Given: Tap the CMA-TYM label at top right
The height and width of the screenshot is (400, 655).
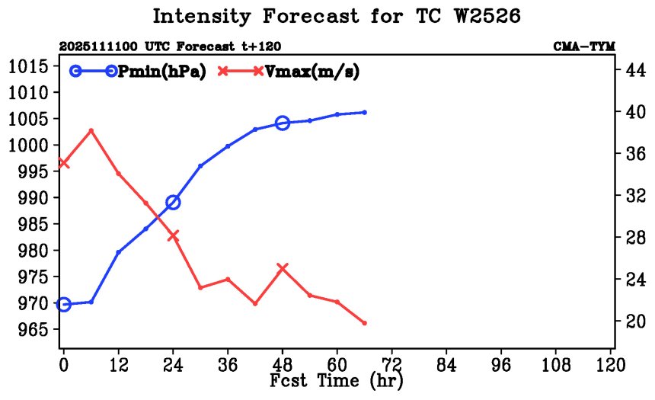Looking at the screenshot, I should pyautogui.click(x=583, y=47).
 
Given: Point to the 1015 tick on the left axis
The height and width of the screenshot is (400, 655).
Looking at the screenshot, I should pyautogui.click(x=30, y=66).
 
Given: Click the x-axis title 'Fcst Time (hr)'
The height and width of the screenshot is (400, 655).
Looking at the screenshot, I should pyautogui.click(x=336, y=379).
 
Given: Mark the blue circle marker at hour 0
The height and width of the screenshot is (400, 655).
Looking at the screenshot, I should pyautogui.click(x=64, y=305).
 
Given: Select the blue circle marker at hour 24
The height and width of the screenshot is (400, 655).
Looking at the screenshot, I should pyautogui.click(x=173, y=202).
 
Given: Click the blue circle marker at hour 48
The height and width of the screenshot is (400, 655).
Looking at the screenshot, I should pyautogui.click(x=283, y=123).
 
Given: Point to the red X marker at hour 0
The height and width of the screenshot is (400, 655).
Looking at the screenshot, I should pyautogui.click(x=64, y=163).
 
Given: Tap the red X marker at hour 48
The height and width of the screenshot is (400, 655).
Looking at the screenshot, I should pyautogui.click(x=283, y=268).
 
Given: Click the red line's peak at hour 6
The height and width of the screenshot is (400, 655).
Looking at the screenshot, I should pyautogui.click(x=91, y=130).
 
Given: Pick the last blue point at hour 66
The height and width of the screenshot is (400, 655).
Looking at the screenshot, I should pyautogui.click(x=365, y=112).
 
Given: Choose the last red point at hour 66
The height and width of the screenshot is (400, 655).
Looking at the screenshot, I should pyautogui.click(x=365, y=323).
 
